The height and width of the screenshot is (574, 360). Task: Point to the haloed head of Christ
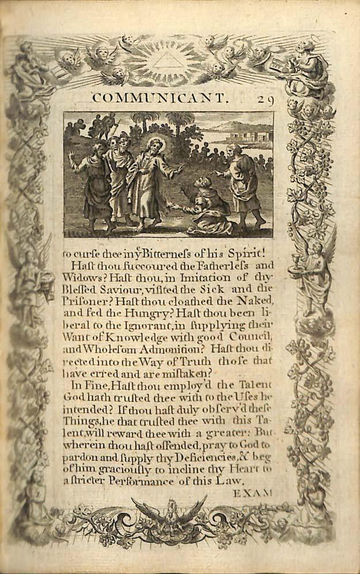coord(156,144)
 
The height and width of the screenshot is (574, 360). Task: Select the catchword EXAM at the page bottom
coord(252,493)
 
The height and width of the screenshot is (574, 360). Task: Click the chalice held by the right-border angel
coord(301,256)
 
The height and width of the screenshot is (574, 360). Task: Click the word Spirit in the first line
coord(249,253)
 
